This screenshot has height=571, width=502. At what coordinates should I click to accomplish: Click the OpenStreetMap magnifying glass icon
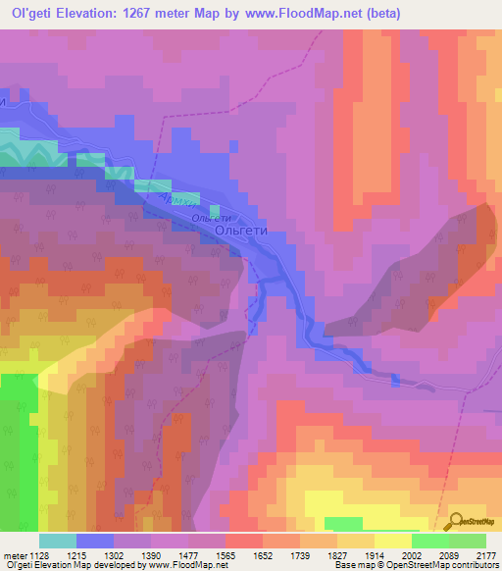point(455,522)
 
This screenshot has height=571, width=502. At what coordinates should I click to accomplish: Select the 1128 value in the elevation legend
point(38,555)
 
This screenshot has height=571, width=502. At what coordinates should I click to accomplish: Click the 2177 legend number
point(486,555)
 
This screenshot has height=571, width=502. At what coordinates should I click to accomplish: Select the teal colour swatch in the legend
point(57,541)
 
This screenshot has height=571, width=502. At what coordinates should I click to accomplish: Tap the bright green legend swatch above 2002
point(429,541)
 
